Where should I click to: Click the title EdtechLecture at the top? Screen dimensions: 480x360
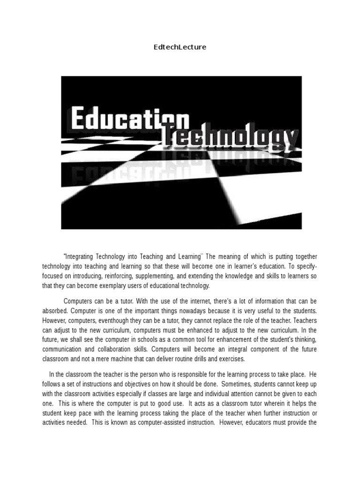[x=180, y=47]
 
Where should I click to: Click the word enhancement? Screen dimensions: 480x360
[x=211, y=340]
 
